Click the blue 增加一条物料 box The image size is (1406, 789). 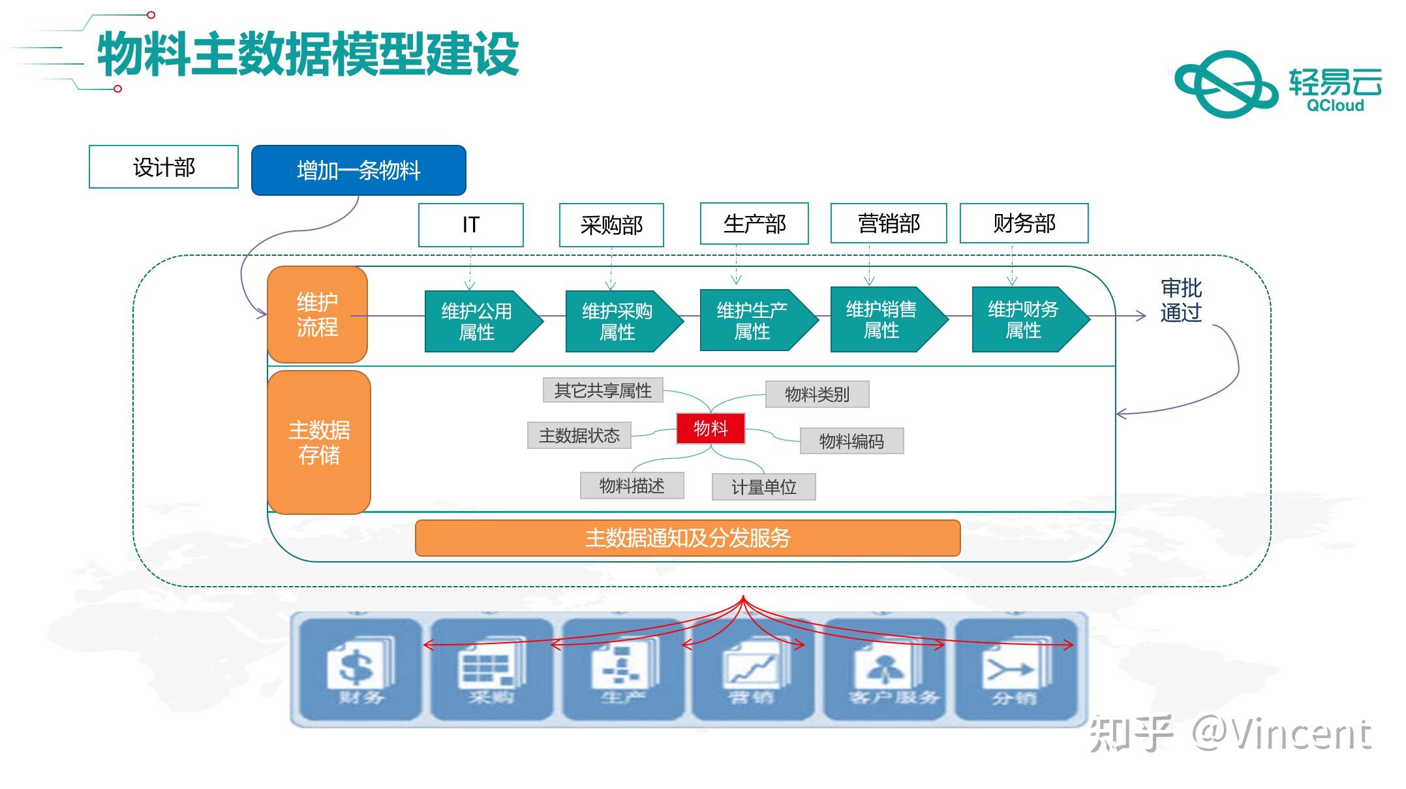(358, 170)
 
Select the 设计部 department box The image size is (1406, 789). (164, 167)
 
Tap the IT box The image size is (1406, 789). (470, 224)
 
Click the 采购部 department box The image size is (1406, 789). (611, 225)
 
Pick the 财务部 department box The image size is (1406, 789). (1024, 223)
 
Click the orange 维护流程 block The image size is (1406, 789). (317, 314)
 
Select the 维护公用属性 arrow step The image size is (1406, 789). (478, 321)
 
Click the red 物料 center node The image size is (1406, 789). (711, 429)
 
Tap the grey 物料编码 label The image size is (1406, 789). (851, 441)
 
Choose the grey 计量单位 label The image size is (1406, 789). (763, 487)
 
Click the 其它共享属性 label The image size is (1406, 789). (603, 390)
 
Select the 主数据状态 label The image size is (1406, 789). (579, 435)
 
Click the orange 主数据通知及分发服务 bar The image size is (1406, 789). (688, 538)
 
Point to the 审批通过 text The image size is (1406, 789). (1180, 300)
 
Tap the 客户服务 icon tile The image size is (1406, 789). (891, 669)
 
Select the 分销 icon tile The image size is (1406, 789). (1015, 669)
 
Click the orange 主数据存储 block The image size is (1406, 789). (319, 442)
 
